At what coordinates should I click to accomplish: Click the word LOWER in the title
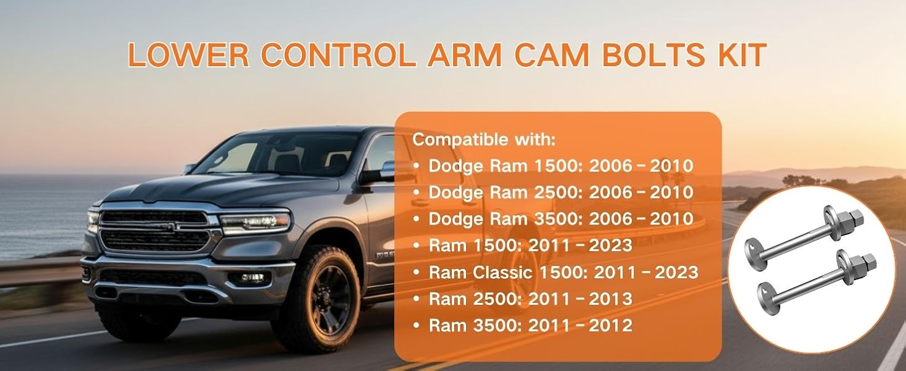point(189,54)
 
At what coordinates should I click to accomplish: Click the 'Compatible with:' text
point(484,140)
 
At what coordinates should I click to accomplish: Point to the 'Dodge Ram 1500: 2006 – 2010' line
point(561,166)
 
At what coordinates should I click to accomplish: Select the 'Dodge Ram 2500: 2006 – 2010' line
point(561,192)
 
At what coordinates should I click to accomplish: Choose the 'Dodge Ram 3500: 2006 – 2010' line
point(561,219)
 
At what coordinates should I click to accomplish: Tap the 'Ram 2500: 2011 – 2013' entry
point(530,299)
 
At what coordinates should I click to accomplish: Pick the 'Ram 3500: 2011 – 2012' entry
point(530,326)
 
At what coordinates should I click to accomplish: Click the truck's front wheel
point(319,300)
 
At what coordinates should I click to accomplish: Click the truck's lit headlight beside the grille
point(255,221)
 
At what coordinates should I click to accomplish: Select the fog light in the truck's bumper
point(252,278)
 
